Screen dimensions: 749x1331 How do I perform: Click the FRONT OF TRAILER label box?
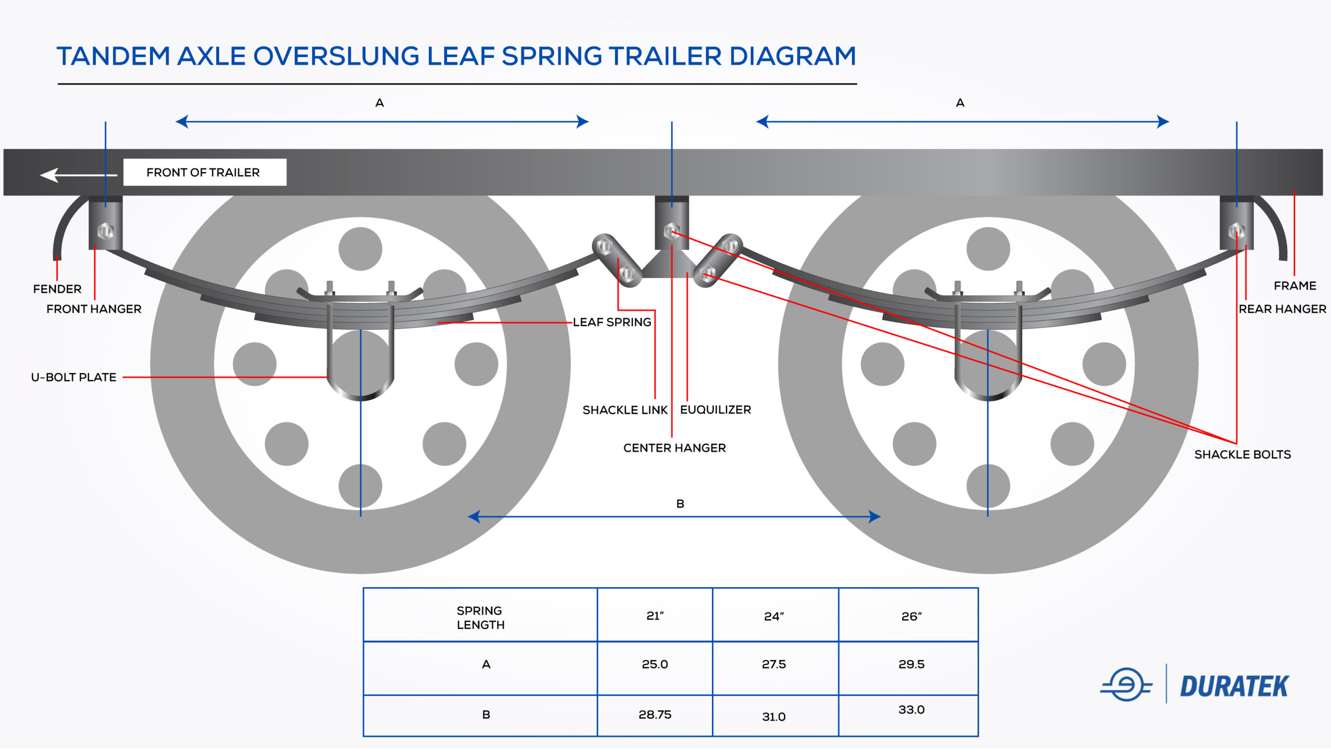(x=204, y=172)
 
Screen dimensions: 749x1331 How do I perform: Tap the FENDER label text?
(x=57, y=289)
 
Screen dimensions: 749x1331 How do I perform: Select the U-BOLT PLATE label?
(x=74, y=377)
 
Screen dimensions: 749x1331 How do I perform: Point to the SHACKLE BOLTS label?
(x=1242, y=455)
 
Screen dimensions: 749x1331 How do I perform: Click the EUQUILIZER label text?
(x=715, y=410)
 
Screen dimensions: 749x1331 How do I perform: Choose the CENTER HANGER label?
(x=674, y=448)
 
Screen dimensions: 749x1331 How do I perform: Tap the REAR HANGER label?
(x=1282, y=309)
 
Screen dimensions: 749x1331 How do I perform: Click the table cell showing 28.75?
(x=655, y=715)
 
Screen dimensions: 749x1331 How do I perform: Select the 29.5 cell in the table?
(x=911, y=664)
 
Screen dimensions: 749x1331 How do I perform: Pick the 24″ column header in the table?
(x=774, y=616)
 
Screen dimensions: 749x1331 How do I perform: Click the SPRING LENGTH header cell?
(x=480, y=617)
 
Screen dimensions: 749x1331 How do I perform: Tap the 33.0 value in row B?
(x=911, y=710)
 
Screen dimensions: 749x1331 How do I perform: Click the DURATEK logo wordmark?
(x=1234, y=687)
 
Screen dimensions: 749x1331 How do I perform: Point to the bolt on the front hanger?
(x=106, y=231)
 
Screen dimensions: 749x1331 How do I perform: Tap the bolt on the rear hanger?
(x=1236, y=231)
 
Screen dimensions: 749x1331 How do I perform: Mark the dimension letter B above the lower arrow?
(x=680, y=503)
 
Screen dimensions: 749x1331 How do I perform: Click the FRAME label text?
(x=1295, y=286)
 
